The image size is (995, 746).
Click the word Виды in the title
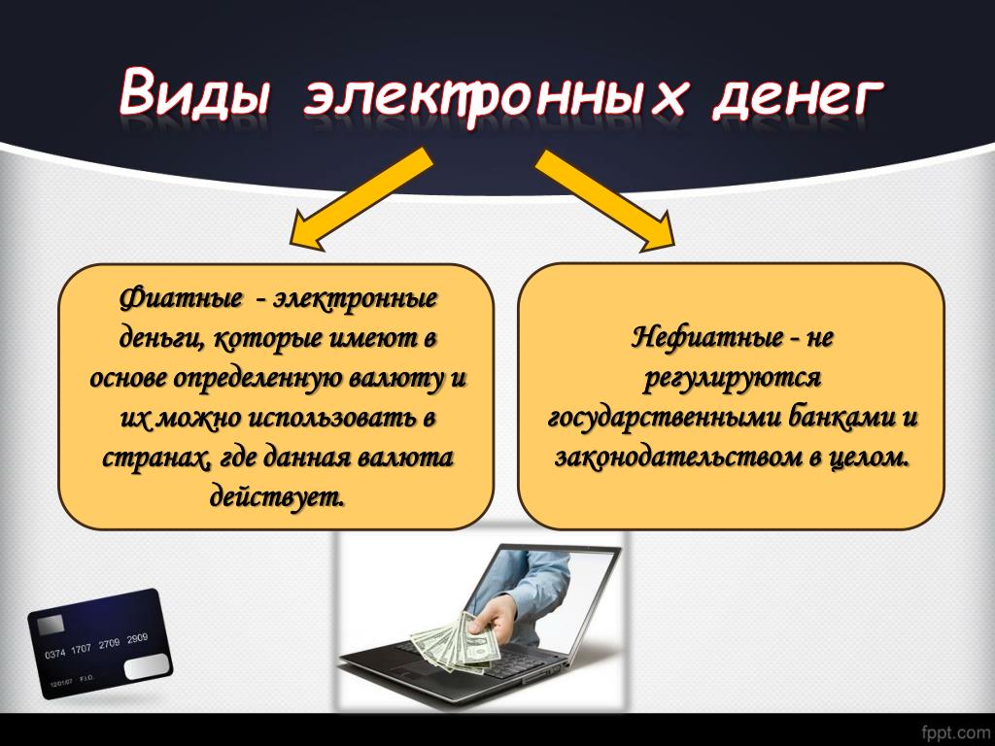point(194,92)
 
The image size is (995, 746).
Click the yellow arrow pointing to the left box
point(360,199)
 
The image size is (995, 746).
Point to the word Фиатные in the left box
point(181,298)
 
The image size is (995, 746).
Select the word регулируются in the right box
point(733,379)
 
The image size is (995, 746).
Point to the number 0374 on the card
point(55,653)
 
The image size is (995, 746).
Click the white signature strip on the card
point(147,667)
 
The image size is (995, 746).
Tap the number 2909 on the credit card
point(137,638)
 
